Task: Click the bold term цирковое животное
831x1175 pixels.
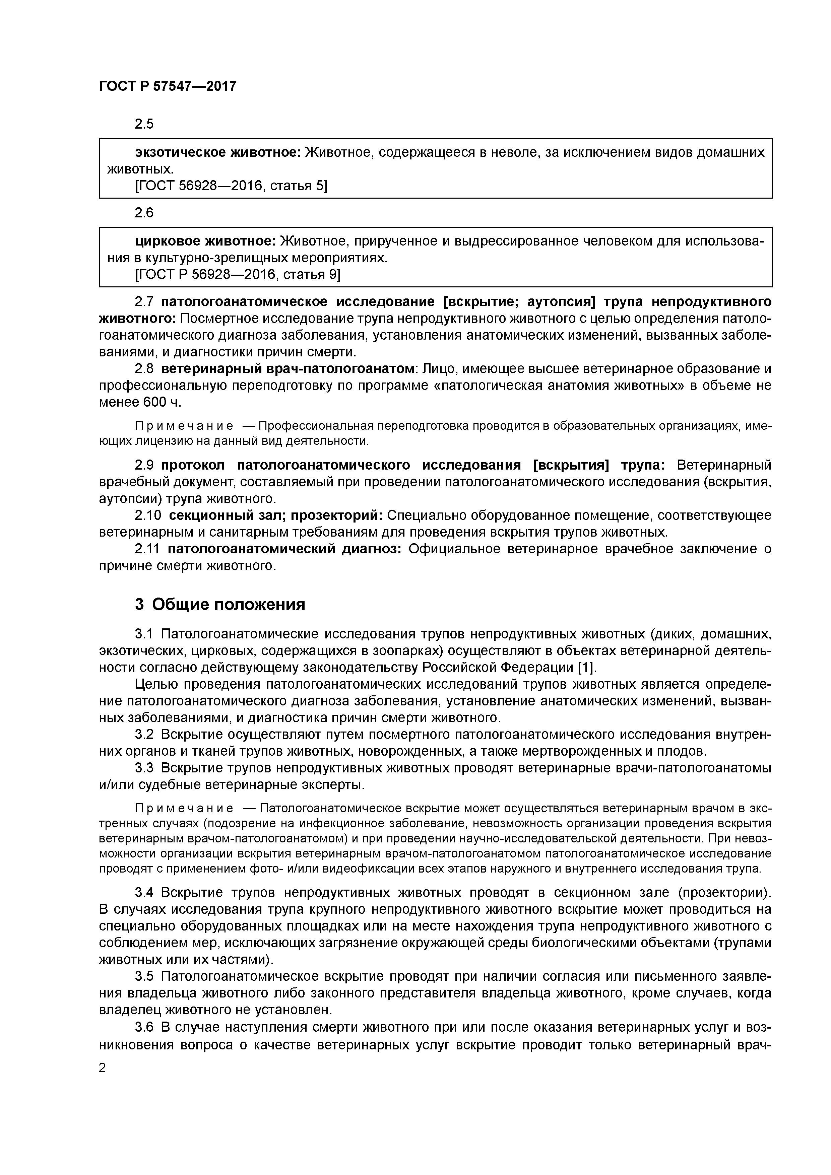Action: [x=206, y=241]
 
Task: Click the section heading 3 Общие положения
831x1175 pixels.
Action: [x=220, y=604]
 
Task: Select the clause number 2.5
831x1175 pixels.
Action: [x=144, y=124]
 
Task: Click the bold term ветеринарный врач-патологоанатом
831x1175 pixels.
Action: [x=287, y=368]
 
